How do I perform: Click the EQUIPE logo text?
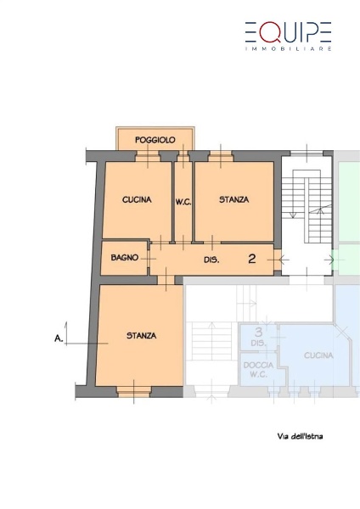(288, 32)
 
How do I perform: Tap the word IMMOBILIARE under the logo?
(288, 48)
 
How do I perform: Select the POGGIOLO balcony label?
(155, 140)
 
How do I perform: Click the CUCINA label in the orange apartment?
(137, 199)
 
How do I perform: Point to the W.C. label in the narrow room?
(183, 202)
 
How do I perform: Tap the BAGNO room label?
(125, 257)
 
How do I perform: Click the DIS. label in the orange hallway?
(211, 260)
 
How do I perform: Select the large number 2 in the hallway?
(252, 259)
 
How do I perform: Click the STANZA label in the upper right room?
(234, 199)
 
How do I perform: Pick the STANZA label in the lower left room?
(141, 335)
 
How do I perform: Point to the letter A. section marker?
(59, 338)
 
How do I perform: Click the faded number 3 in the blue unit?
(259, 332)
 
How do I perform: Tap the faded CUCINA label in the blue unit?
(318, 355)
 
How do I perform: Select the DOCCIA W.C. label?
(258, 370)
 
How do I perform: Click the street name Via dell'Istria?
(300, 436)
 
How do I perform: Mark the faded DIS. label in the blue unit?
(258, 343)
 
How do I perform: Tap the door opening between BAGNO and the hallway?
(149, 259)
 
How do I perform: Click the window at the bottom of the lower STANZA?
(133, 392)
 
